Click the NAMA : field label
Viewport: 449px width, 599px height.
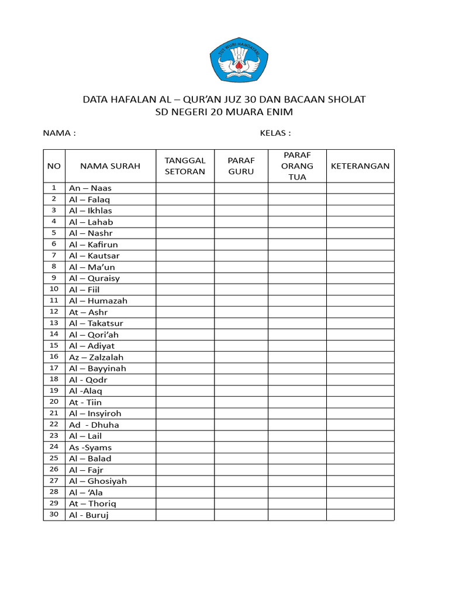coord(60,133)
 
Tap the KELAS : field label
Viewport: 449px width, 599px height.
coord(275,133)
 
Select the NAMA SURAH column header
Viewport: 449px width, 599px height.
coord(110,166)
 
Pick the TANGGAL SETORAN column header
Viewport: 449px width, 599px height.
coord(185,166)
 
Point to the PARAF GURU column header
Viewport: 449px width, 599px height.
coord(241,166)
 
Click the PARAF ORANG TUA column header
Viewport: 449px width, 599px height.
coord(297,166)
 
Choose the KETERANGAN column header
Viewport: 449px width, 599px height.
coord(360,166)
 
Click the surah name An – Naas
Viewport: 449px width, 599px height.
coord(90,188)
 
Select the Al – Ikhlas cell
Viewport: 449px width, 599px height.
coord(91,211)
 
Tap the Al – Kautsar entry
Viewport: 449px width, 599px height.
coord(94,256)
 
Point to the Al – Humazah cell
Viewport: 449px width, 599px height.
coord(98,301)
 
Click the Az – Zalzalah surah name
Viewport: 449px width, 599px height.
coord(96,357)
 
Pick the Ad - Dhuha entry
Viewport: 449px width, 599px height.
coord(94,425)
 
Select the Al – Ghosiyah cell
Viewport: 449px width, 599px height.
coord(98,481)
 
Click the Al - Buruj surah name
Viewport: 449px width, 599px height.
coord(89,515)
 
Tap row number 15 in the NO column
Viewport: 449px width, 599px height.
coord(54,345)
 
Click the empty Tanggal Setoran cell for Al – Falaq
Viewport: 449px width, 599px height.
coord(185,199)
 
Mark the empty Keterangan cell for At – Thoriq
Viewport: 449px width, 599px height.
coord(360,504)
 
